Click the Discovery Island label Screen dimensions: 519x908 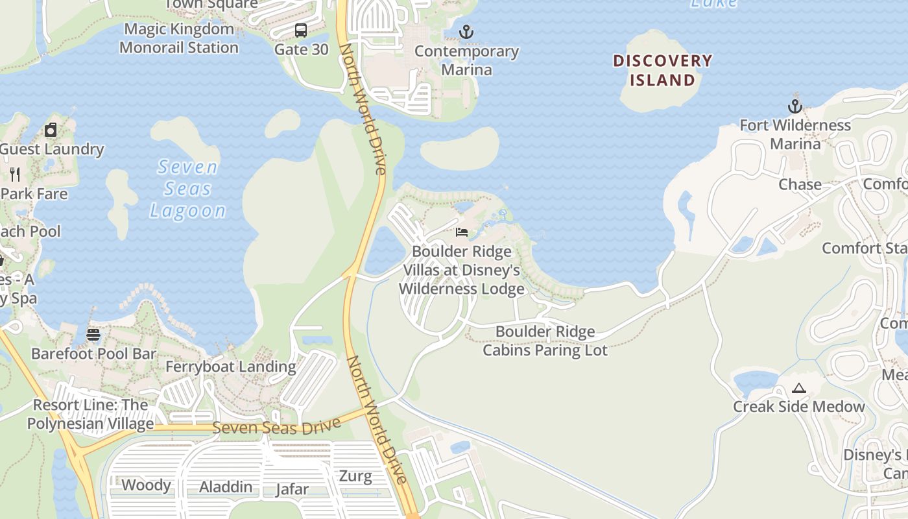662,71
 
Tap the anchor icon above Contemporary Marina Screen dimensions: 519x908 466,31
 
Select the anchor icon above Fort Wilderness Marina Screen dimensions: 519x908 795,106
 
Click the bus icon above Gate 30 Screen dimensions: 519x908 301,30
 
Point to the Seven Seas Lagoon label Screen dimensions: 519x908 187,189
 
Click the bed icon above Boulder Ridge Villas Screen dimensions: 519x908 462,232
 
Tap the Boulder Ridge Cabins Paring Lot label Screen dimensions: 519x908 545,341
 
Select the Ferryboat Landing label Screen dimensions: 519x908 230,367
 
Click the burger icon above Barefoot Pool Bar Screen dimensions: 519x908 93,335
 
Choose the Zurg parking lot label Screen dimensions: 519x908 355,477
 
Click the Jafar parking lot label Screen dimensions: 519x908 292,489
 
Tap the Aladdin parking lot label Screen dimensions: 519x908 226,487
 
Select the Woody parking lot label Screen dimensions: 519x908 147,485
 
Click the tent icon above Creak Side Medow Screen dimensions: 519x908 799,388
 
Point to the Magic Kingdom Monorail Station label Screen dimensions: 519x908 179,38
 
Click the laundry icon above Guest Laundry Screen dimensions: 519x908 51,130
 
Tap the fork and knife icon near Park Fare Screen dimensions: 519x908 15,174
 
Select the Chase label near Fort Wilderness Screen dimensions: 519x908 800,185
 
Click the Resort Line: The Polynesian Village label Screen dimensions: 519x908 90,415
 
